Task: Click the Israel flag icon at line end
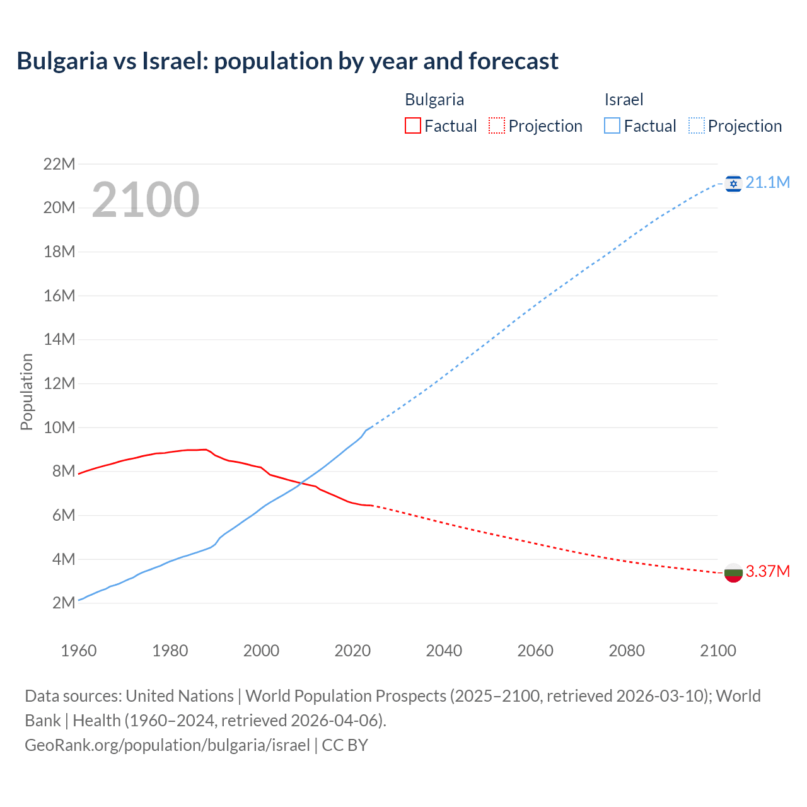(x=733, y=183)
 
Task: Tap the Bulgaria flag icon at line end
(x=733, y=572)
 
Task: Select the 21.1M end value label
(x=767, y=183)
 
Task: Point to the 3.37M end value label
(x=767, y=572)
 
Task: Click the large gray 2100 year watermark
(x=146, y=200)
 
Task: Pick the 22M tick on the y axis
(x=59, y=165)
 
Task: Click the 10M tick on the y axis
(x=59, y=428)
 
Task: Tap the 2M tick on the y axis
(x=64, y=603)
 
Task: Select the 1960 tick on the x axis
(x=79, y=651)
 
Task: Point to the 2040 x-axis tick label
(x=444, y=651)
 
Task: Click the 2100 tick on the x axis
(x=717, y=651)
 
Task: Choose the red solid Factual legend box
(x=412, y=126)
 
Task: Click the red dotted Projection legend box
(x=497, y=126)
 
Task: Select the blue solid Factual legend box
(x=612, y=126)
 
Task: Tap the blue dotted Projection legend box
(x=697, y=126)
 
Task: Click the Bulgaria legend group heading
(x=434, y=100)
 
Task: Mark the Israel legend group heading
(x=624, y=100)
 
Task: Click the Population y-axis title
(x=26, y=392)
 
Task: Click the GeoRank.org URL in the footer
(x=167, y=745)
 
